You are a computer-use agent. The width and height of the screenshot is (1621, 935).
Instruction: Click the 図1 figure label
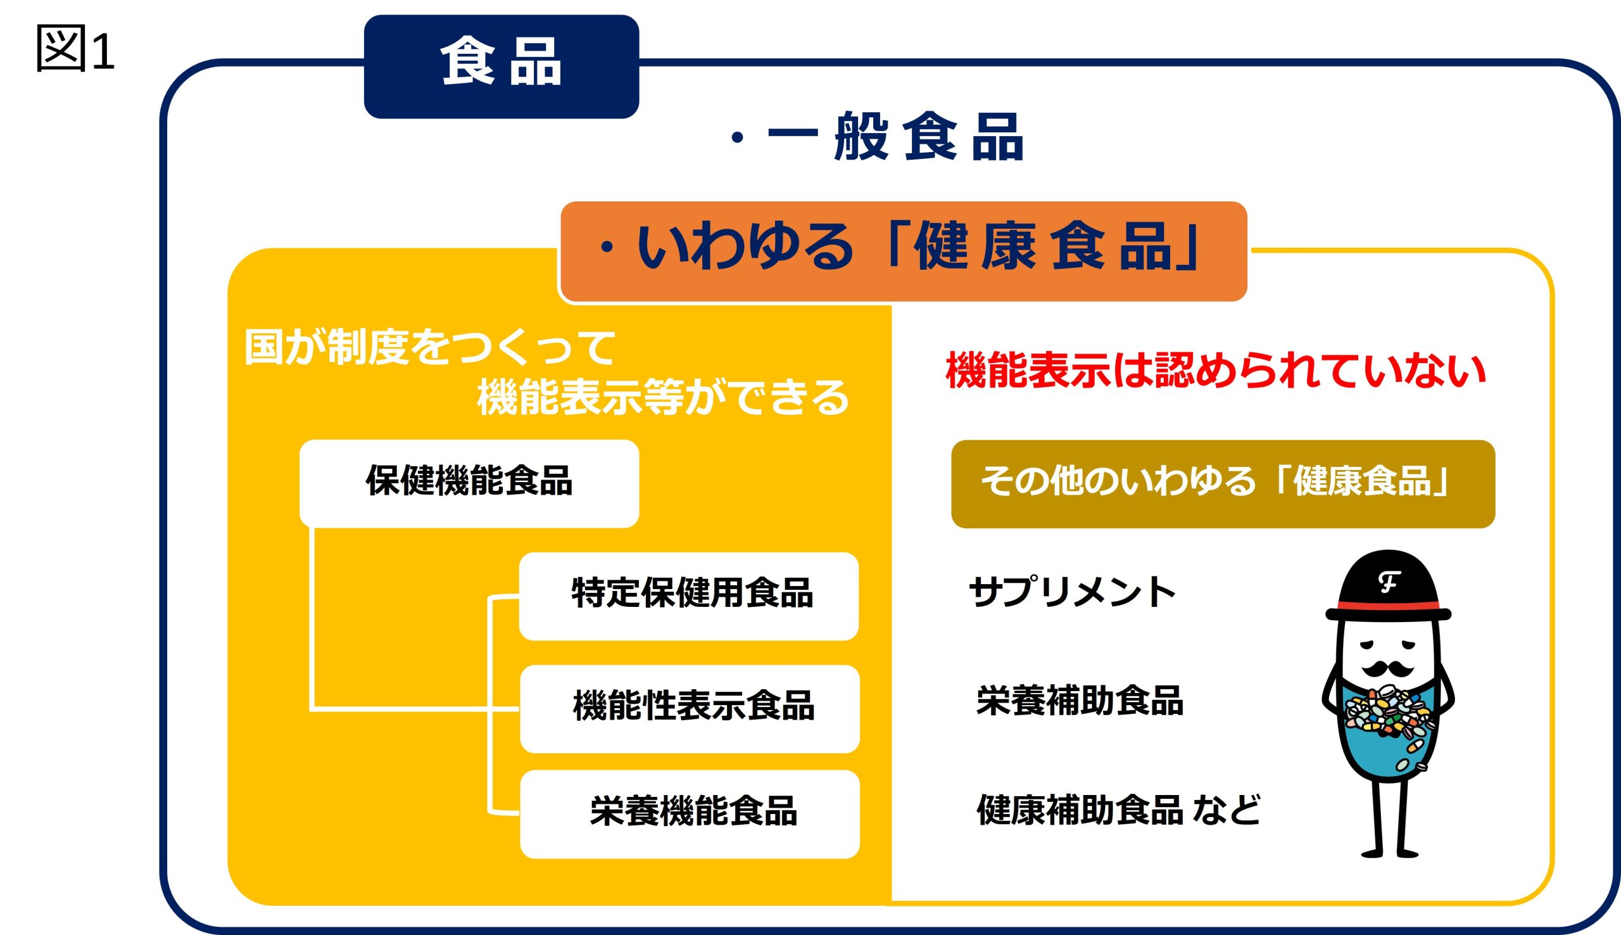[75, 49]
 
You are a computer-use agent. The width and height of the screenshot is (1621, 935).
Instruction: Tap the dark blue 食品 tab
[501, 66]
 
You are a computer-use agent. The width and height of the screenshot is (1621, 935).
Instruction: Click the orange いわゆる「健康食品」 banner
[904, 251]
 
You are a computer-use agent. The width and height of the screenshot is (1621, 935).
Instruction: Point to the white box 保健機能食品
[469, 483]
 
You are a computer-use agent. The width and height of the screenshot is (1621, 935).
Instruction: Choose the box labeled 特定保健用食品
[688, 596]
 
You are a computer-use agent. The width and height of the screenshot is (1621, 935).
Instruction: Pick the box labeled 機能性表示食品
[689, 708]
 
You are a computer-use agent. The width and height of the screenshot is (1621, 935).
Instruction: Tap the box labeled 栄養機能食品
[689, 813]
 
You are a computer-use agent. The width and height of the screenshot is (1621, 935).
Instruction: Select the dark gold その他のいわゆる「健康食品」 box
[1223, 483]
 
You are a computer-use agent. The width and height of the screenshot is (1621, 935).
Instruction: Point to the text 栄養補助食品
[1080, 700]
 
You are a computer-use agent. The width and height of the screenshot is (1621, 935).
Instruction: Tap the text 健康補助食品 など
[1118, 809]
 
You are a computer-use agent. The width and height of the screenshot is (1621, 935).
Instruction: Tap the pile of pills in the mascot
[1387, 719]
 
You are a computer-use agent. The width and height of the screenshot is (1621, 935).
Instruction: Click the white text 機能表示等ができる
[663, 397]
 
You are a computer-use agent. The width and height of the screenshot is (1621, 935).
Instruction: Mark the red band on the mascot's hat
[1388, 606]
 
